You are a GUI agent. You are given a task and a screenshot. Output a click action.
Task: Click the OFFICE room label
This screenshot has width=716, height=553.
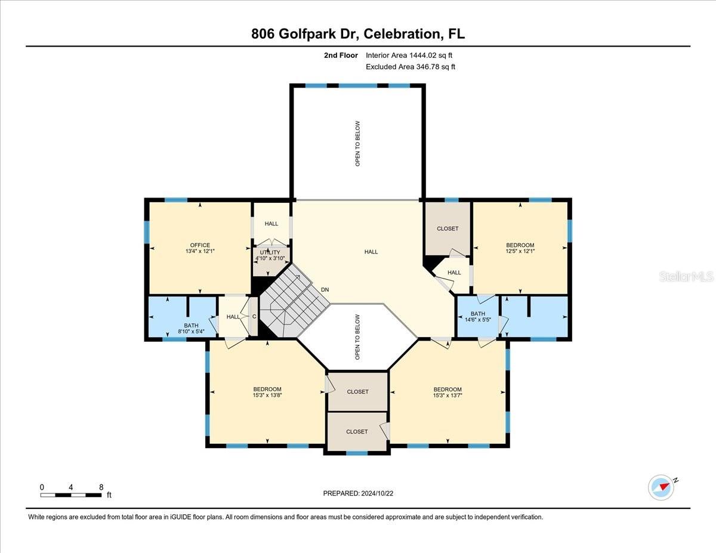point(200,245)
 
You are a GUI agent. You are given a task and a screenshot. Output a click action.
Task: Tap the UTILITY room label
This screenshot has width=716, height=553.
point(270,253)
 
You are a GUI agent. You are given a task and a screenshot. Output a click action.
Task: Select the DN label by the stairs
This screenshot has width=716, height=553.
point(325,290)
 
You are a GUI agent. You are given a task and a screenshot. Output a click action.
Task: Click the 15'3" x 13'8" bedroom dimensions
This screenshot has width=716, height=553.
point(267,396)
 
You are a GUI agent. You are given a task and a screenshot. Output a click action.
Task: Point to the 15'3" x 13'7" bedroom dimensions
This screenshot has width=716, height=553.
point(447,396)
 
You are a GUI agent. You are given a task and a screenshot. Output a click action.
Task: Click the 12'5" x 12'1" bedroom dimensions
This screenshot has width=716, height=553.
point(520,251)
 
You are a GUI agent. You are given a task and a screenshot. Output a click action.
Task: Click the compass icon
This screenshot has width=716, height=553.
point(661,487)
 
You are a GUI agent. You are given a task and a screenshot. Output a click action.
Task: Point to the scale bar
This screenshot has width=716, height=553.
point(71,495)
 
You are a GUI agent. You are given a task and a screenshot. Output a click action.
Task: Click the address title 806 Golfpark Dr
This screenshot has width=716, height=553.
point(357,34)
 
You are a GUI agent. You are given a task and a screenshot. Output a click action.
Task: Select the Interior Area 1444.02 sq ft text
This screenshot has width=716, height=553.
point(409,55)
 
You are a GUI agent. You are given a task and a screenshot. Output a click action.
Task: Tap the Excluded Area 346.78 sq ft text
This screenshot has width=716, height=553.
point(411,67)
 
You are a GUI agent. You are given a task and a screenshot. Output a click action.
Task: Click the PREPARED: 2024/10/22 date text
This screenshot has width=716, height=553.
point(359,493)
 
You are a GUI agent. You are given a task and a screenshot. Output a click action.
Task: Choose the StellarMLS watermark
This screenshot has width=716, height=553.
point(687,277)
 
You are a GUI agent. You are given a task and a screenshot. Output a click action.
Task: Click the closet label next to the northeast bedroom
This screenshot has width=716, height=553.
point(447,228)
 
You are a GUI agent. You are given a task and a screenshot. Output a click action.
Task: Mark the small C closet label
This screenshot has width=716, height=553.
point(254,317)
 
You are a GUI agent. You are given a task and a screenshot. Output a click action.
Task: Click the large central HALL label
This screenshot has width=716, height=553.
point(371,252)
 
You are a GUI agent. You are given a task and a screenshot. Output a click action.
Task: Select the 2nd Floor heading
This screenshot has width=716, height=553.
point(341,55)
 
